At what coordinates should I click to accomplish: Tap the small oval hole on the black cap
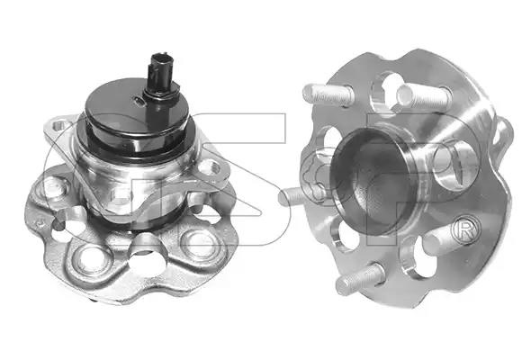[139, 100]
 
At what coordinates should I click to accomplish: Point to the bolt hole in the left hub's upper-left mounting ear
[59, 126]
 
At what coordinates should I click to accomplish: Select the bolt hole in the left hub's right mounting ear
[212, 167]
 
